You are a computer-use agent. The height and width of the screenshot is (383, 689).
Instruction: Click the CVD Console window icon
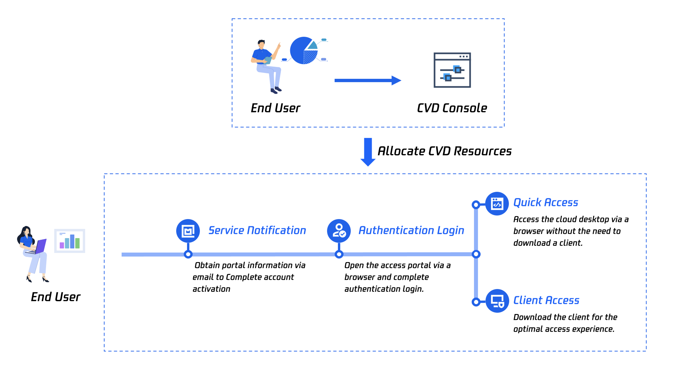[x=452, y=70]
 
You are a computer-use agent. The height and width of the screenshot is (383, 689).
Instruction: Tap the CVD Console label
[x=452, y=108]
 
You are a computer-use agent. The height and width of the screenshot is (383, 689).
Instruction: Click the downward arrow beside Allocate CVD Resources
[x=368, y=152]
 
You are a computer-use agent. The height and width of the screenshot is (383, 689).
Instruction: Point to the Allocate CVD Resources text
[x=444, y=151]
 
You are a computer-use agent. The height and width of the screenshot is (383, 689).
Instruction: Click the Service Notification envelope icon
[x=188, y=231]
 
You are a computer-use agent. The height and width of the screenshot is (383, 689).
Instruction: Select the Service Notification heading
[x=257, y=230]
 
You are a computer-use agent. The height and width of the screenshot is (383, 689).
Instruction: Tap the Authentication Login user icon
[x=339, y=231]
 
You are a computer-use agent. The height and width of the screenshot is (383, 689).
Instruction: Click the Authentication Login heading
[x=411, y=230]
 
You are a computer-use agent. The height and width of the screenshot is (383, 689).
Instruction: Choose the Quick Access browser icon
[x=497, y=204]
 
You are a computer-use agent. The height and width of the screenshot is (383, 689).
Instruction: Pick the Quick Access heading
[x=546, y=202]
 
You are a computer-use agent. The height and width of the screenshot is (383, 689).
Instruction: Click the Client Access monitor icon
[x=497, y=301]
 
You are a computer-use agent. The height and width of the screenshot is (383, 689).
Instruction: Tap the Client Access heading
[x=546, y=300]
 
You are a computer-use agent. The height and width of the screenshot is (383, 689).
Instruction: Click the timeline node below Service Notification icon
[x=188, y=254]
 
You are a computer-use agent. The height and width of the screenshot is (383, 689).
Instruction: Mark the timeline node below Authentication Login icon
[x=339, y=254]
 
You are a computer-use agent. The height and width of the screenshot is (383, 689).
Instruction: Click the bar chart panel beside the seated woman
[x=70, y=241]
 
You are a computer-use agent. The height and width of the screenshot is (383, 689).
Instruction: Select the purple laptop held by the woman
[x=40, y=246]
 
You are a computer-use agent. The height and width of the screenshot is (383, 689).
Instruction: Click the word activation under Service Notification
[x=211, y=289]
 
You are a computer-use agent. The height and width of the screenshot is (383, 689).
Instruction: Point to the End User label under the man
[x=275, y=108]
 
